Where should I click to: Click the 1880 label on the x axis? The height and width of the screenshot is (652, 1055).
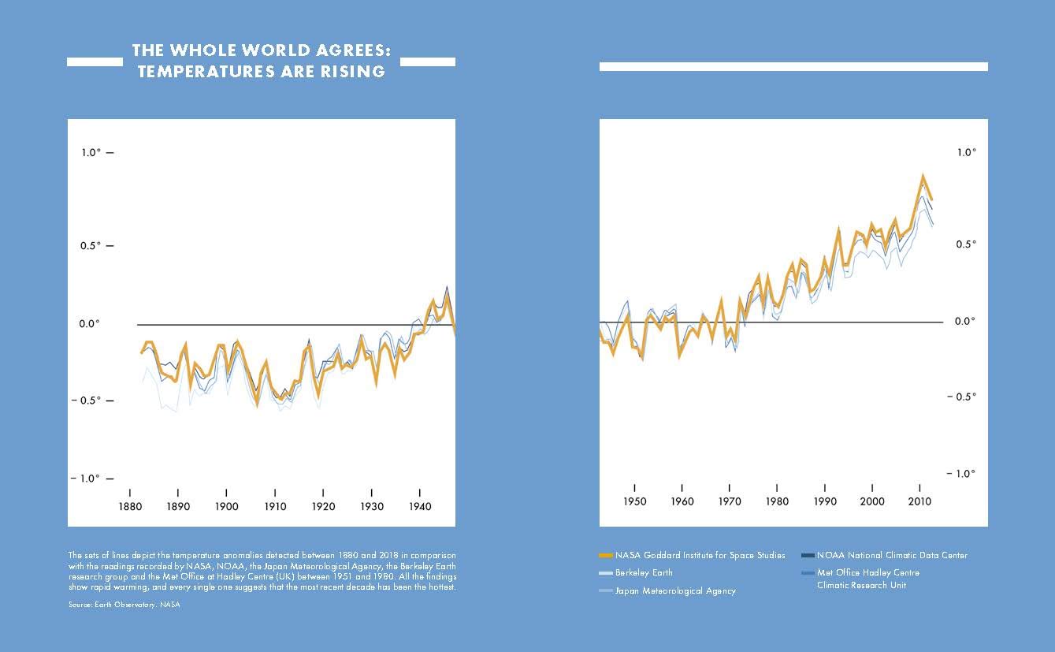[x=129, y=506]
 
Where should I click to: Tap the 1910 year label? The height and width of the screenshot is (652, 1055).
[x=275, y=506]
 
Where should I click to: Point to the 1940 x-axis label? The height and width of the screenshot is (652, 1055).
[x=420, y=506]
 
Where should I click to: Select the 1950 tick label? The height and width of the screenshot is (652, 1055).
[x=634, y=501]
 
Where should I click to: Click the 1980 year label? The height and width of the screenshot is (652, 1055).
[x=777, y=501]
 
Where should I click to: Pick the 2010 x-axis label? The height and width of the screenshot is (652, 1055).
[x=919, y=501]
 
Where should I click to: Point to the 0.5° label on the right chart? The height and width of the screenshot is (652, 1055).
[x=966, y=244]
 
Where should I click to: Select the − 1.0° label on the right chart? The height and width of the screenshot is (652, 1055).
[x=962, y=473]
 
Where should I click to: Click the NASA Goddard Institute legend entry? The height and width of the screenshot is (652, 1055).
[x=700, y=555]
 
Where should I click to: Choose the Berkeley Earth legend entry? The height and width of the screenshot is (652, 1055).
[x=644, y=572]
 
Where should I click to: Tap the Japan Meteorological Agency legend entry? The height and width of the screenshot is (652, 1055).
[x=675, y=591]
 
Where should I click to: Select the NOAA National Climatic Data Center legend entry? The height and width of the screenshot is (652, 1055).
[x=892, y=555]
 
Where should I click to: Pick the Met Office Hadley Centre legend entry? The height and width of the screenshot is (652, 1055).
[x=867, y=572]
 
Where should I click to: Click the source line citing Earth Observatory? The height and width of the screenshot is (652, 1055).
[x=124, y=605]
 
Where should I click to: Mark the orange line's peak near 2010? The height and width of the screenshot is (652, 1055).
[x=922, y=175]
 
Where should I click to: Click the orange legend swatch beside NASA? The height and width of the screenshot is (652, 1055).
[x=606, y=555]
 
